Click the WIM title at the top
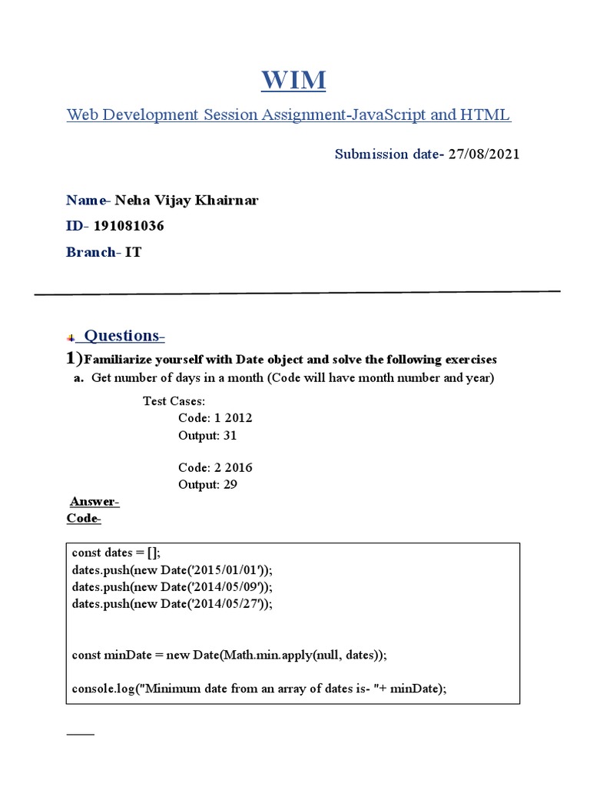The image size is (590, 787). point(294,79)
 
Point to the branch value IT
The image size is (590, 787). point(134,252)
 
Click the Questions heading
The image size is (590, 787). point(124,335)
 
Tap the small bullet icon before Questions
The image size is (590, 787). point(71,337)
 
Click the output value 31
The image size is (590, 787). point(229,435)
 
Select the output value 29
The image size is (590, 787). point(229,484)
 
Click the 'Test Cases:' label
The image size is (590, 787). point(174,401)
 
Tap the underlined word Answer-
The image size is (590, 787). point(94,502)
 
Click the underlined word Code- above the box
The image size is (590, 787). point(84,519)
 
